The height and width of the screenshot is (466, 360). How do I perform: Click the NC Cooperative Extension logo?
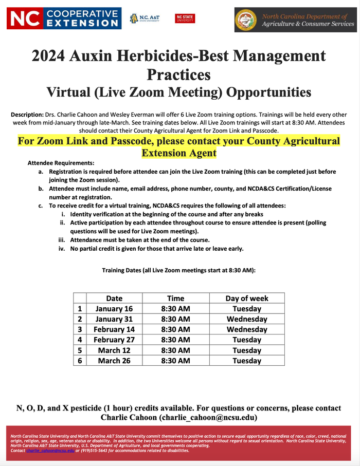64,18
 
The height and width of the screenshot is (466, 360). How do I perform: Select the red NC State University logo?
185,18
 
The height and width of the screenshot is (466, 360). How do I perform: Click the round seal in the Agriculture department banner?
245,20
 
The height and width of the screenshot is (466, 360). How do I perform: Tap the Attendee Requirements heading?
61,162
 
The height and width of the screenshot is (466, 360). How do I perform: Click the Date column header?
114,298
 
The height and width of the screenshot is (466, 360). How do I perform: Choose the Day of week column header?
247,298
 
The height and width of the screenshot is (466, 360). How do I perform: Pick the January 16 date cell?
114,309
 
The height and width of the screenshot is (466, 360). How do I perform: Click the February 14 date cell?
114,329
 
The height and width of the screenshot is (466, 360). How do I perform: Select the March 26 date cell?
114,361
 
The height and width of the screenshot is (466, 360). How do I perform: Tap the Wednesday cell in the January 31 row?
247,319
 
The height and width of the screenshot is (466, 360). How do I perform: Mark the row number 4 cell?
80,340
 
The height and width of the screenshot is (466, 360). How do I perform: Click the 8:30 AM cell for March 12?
176,350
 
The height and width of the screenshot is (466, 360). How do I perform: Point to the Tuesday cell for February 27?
247,340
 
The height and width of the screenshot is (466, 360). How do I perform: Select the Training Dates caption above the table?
178,270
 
